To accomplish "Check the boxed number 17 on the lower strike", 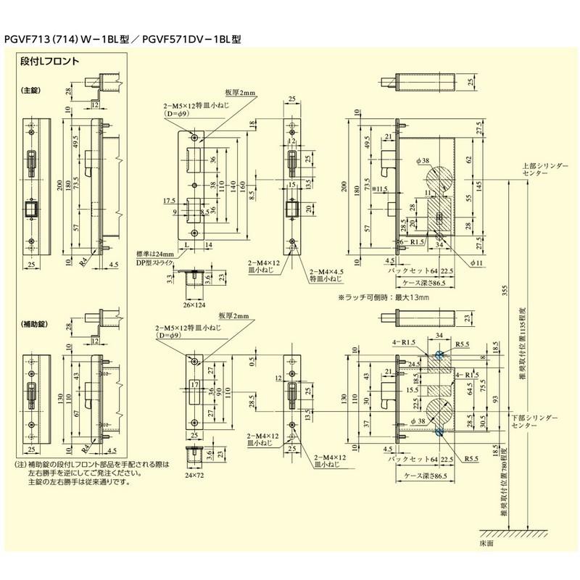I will point(194,384).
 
